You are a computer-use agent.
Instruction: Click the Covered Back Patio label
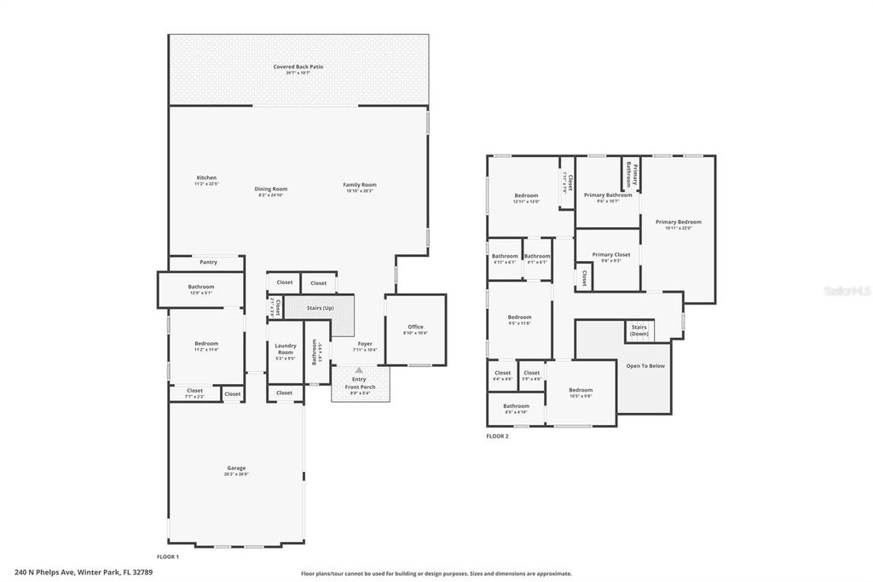pyautogui.click(x=298, y=67)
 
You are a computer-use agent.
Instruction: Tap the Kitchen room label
pyautogui.click(x=206, y=178)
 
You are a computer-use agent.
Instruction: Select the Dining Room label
pyautogui.click(x=270, y=189)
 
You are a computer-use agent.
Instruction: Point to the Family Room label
pyautogui.click(x=360, y=185)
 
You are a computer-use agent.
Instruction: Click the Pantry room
pyautogui.click(x=208, y=262)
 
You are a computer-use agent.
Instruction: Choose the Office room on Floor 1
pyautogui.click(x=415, y=328)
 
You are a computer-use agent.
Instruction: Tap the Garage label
pyautogui.click(x=236, y=469)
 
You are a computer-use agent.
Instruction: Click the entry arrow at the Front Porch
pyautogui.click(x=359, y=370)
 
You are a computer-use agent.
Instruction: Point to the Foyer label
pyautogui.click(x=365, y=345)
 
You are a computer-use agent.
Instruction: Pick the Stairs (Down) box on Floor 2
pyautogui.click(x=639, y=330)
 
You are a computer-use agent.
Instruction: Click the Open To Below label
pyautogui.click(x=645, y=366)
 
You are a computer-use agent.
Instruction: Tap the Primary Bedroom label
pyautogui.click(x=678, y=224)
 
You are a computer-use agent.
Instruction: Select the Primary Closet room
pyautogui.click(x=610, y=256)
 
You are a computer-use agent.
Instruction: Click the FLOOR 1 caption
pyautogui.click(x=168, y=556)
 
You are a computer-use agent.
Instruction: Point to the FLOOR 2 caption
pyautogui.click(x=497, y=436)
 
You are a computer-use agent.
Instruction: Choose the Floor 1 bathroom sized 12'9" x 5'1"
pyautogui.click(x=201, y=288)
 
